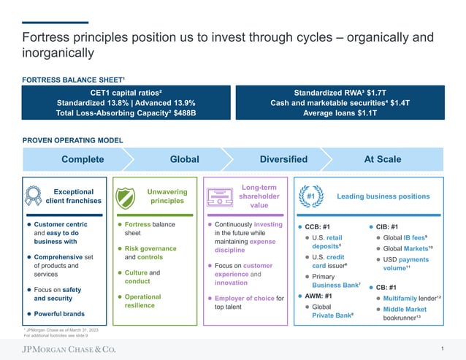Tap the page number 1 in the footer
[443, 348]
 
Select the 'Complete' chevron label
[83, 159]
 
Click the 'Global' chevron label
[184, 159]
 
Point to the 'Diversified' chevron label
[283, 159]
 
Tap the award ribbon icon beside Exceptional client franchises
[33, 196]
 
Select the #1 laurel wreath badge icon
[310, 196]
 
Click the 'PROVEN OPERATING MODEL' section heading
[73, 140]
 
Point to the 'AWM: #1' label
[322, 296]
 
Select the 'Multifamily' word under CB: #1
[401, 299]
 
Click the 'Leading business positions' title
[383, 196]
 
